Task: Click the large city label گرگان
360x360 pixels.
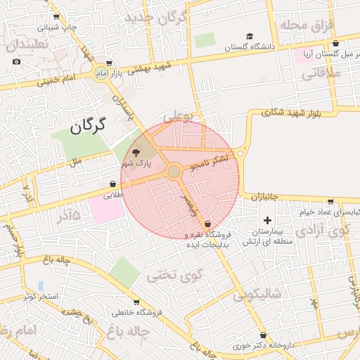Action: pos(87,127)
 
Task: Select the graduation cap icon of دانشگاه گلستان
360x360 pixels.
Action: pos(250,37)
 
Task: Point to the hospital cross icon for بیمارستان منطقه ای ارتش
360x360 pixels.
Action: pos(266,221)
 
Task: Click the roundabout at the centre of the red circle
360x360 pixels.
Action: pos(174,172)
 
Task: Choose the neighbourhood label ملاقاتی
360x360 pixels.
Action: pos(323,72)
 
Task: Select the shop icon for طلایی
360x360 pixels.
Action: pos(113,184)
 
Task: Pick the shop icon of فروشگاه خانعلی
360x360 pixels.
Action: pos(108,311)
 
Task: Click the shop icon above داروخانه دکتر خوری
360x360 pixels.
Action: pos(263,335)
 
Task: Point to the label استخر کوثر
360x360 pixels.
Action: pos(39,296)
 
